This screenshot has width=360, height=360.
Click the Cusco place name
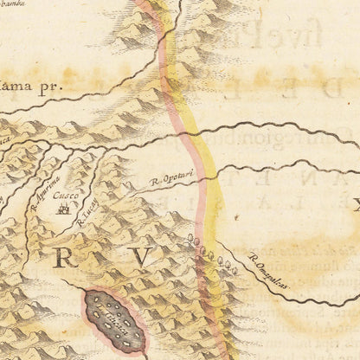[x=62, y=197]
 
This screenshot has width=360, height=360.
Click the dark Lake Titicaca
[x=114, y=320]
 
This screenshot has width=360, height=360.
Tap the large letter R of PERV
[x=66, y=256]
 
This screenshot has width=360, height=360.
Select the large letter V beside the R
[x=142, y=255]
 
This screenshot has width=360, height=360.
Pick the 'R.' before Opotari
[x=152, y=183]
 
